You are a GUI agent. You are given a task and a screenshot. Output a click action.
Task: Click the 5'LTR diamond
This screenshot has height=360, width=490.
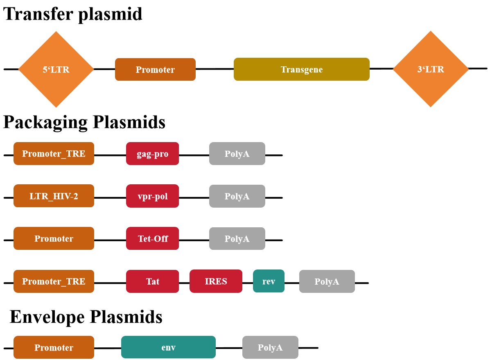click(x=56, y=69)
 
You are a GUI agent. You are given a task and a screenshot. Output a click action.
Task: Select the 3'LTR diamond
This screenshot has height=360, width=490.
click(x=431, y=69)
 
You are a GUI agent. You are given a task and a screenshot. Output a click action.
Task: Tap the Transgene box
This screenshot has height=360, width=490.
click(x=302, y=69)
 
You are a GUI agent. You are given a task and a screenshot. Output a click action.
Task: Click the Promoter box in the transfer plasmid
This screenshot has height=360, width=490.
click(x=155, y=70)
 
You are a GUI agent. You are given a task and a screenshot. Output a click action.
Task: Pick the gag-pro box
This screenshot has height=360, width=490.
click(x=152, y=154)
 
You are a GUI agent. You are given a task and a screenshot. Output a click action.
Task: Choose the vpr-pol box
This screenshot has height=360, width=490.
click(x=152, y=196)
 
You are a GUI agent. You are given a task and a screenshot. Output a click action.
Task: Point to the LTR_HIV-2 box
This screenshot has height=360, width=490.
click(x=54, y=196)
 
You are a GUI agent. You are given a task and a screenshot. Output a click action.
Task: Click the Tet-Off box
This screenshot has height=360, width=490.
click(x=152, y=238)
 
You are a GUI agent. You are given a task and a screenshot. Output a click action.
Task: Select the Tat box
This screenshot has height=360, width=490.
click(x=152, y=281)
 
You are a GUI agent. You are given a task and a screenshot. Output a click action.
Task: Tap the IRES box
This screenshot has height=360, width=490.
click(x=216, y=281)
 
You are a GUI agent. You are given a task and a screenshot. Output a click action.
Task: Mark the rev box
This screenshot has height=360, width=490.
click(x=269, y=281)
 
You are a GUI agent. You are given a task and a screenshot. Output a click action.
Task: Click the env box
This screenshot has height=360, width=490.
click(x=168, y=347)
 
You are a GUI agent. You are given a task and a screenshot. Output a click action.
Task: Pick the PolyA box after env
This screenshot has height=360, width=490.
click(x=270, y=347)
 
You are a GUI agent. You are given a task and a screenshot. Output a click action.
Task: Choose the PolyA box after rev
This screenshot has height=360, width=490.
click(x=327, y=281)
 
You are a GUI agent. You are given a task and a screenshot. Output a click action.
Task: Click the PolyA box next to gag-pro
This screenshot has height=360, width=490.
click(x=237, y=154)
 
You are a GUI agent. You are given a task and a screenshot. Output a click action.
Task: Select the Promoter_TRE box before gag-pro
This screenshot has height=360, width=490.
click(x=54, y=154)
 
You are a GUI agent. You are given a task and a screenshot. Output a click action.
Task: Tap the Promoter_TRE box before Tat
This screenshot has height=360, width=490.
click(x=54, y=281)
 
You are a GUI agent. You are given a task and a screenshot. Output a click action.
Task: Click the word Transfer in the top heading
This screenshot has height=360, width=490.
click(x=39, y=14)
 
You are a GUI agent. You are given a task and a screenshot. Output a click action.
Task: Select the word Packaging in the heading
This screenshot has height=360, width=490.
click(x=45, y=122)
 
